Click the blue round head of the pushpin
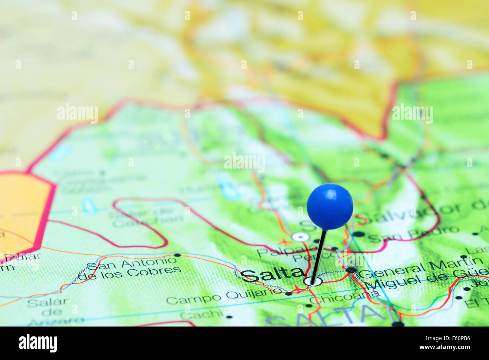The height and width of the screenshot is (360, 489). pos(330,206)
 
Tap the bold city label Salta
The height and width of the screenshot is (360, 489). pos(272,275)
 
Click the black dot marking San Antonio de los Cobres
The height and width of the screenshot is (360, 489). pos(178,255)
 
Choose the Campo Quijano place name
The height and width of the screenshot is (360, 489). pos(223,296)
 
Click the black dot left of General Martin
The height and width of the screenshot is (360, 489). pos(351,270)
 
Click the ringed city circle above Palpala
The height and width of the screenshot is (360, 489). pos(300,237)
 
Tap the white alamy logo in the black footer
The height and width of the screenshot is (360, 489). pos(38,343)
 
